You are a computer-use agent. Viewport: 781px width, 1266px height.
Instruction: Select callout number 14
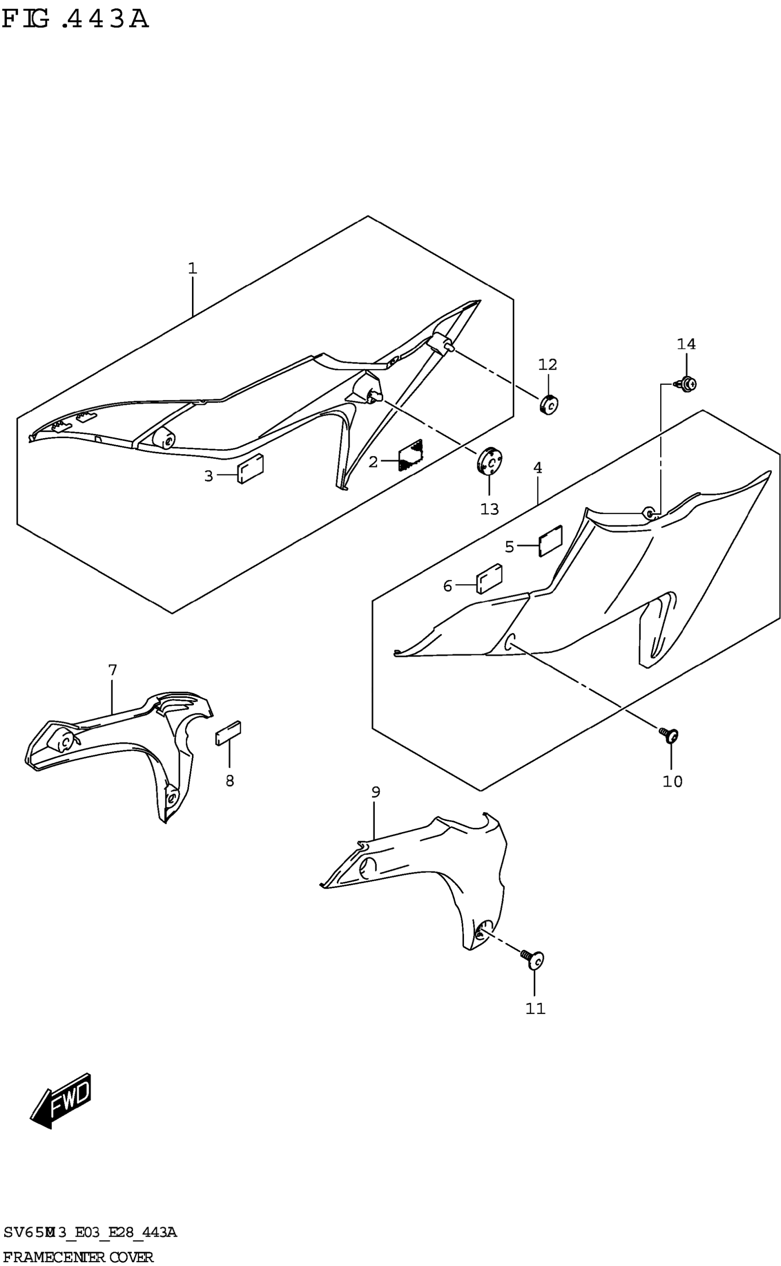click(x=686, y=344)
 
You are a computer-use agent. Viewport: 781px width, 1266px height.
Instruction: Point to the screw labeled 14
click(x=687, y=384)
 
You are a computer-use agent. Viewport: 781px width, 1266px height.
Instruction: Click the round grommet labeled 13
click(x=489, y=459)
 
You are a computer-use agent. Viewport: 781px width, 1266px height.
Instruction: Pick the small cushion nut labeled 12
click(x=550, y=404)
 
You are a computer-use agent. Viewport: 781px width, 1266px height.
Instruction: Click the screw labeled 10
click(x=670, y=736)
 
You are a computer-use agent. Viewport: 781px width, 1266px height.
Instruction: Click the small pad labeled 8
click(x=228, y=733)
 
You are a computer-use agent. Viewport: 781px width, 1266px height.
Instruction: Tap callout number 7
click(x=113, y=670)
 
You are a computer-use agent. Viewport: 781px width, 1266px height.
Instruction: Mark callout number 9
click(x=375, y=792)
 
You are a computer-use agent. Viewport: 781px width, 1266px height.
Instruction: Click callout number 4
click(x=538, y=468)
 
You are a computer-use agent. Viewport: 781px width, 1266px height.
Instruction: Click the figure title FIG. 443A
click(x=75, y=20)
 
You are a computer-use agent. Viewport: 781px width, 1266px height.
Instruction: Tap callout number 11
click(x=535, y=1008)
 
